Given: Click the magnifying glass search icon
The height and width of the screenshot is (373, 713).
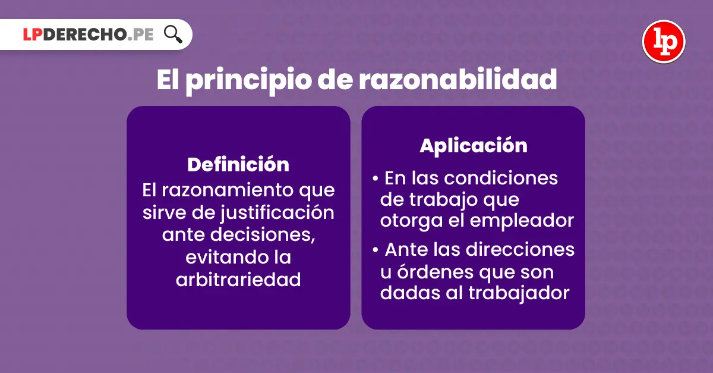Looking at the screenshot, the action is [x=173, y=34].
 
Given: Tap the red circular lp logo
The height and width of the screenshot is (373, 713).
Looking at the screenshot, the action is [x=664, y=42].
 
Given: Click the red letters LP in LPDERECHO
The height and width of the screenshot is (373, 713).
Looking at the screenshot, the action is [x=33, y=35].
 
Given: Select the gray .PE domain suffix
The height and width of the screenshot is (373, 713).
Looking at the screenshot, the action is [x=140, y=35].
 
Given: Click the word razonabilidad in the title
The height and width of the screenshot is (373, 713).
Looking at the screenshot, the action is [x=458, y=79].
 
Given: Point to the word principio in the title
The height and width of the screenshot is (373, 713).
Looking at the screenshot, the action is [x=248, y=82].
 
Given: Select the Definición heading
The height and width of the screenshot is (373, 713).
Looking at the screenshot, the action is [x=238, y=165].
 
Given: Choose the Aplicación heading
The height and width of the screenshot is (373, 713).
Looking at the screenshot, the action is [x=474, y=146].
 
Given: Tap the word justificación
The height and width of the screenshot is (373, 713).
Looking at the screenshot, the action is [x=277, y=212].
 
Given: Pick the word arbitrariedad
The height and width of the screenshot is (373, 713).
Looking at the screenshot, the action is [x=238, y=280].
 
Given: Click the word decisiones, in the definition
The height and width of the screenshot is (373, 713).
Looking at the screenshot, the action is [x=263, y=235].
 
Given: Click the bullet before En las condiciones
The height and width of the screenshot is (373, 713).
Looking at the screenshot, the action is [x=376, y=178].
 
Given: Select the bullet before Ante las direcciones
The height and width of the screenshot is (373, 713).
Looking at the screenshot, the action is [x=376, y=250].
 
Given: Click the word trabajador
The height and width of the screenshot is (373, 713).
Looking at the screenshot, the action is [x=519, y=293].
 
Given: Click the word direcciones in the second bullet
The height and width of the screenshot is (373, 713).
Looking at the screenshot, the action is [x=520, y=250].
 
